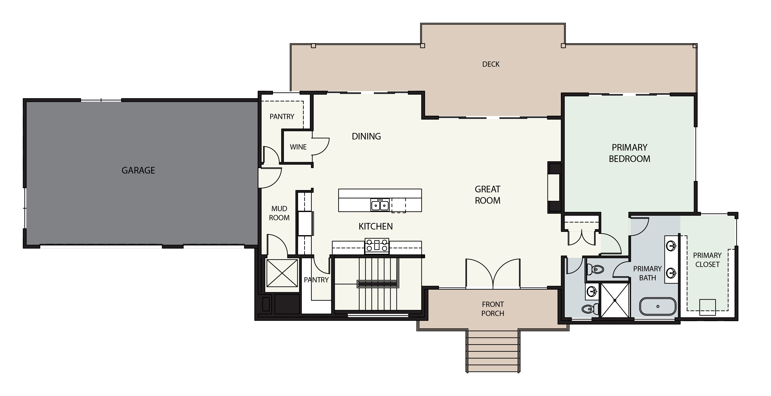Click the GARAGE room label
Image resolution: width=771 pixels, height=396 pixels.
138,170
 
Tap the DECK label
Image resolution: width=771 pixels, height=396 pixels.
491,64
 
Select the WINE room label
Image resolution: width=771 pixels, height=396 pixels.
298,147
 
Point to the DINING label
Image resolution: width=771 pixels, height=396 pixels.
366,136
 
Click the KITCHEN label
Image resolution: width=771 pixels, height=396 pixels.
376,226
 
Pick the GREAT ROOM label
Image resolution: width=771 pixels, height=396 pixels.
488,195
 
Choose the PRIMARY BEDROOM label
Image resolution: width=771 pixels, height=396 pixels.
630,153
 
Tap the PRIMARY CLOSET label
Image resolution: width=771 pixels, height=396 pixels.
707,260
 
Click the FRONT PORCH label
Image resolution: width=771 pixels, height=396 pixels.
493,309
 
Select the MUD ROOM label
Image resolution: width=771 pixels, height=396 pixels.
279,213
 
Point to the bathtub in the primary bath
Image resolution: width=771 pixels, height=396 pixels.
658,306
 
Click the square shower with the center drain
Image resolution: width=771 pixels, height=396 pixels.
615,300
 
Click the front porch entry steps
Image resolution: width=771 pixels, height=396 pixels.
493,351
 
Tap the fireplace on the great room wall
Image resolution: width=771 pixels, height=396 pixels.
554,188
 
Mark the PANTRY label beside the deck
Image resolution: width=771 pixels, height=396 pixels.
282,117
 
